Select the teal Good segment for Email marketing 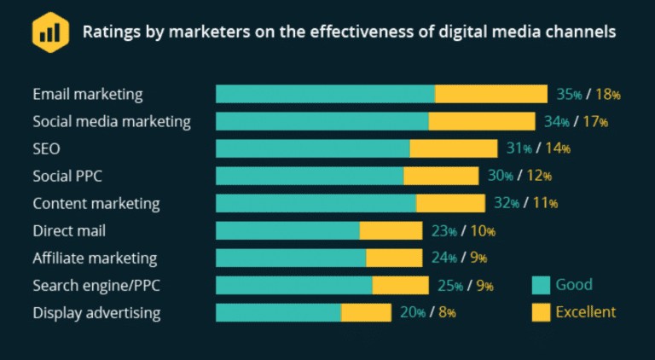(325, 94)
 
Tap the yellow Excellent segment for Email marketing (491, 94)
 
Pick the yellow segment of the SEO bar (454, 148)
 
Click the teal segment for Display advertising (278, 312)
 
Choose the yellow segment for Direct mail (391, 230)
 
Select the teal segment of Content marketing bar (316, 203)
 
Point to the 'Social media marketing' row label (112, 121)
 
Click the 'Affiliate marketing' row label (95, 258)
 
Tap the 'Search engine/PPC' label (93, 285)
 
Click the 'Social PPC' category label (72, 176)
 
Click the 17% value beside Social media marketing (595, 121)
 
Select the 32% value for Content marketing (507, 203)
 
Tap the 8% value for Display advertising (447, 312)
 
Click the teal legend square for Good (541, 285)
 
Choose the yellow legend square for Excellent (541, 312)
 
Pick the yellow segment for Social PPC (441, 176)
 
